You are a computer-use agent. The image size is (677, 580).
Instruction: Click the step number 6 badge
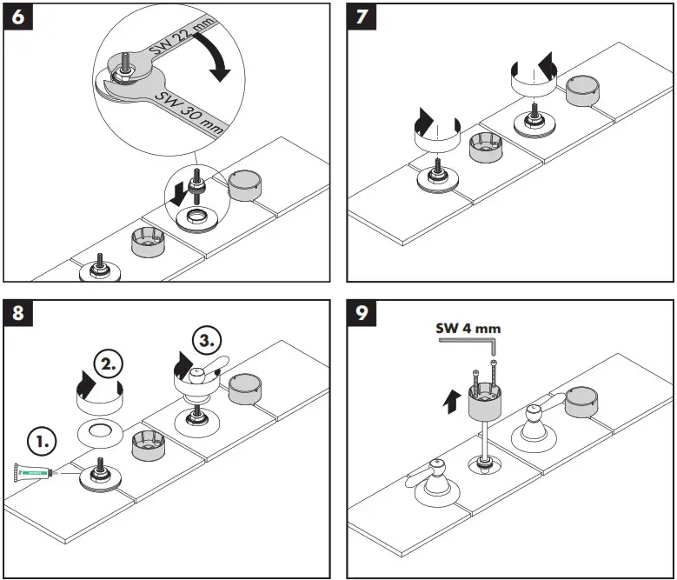[17, 17]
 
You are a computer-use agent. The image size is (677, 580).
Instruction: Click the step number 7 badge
[362, 17]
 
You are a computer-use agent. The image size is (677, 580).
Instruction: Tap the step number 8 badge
[17, 312]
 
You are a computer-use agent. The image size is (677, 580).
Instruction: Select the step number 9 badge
[362, 312]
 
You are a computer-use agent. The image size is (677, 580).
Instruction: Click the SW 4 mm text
[468, 328]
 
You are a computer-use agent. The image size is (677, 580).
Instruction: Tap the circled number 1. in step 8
[42, 442]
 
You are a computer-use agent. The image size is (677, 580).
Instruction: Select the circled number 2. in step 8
[109, 364]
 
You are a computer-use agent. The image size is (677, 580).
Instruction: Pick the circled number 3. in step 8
[207, 340]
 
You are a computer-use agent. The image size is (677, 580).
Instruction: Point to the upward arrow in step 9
[452, 402]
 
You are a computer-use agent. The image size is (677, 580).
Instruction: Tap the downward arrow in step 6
[178, 194]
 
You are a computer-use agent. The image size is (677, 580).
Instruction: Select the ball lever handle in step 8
[203, 370]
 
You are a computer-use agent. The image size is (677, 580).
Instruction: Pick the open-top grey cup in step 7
[486, 148]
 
